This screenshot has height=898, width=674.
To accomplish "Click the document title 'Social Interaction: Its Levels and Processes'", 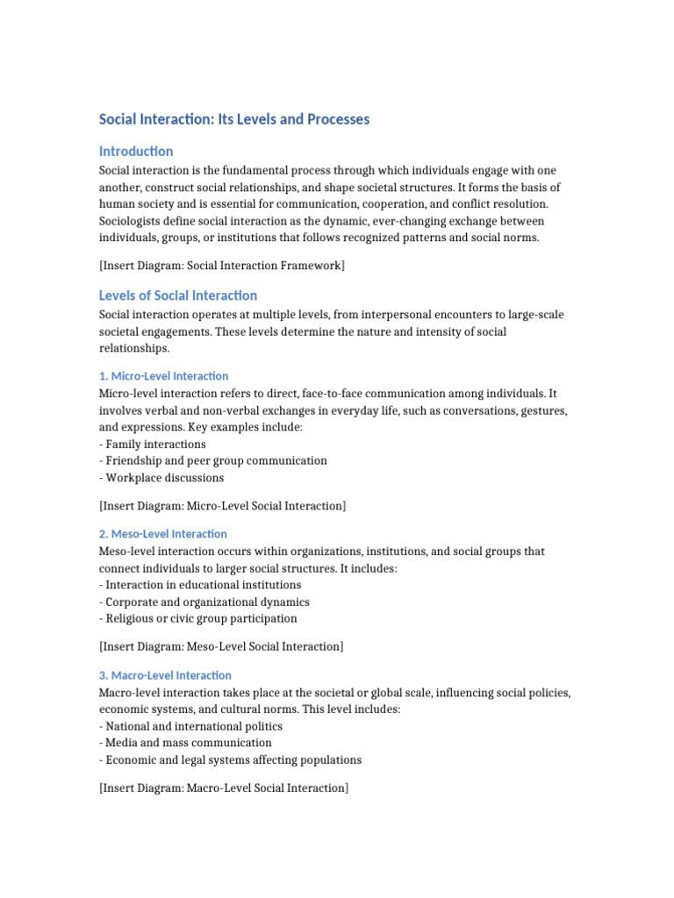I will [x=233, y=119].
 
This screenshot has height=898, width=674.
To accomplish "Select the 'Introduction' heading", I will [x=136, y=151].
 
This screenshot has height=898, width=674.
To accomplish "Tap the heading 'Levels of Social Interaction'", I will [x=178, y=296].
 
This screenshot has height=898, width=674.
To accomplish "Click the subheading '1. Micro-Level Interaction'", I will [x=163, y=376].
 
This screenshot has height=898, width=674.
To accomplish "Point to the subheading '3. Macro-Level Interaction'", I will [x=165, y=675].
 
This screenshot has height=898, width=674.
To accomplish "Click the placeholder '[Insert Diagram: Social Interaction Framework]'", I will [x=222, y=266].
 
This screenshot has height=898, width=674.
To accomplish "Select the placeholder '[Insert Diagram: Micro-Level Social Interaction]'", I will [x=223, y=506].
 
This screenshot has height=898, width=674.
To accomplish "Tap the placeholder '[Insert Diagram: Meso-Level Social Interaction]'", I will [x=221, y=647].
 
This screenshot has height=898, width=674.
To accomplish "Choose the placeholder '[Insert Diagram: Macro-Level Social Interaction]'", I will [x=224, y=788].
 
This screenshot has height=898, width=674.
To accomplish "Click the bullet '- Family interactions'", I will [x=153, y=445].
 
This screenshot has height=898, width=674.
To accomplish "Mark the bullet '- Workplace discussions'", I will [x=161, y=478].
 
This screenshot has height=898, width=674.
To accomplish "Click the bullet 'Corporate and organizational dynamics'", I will [x=207, y=602].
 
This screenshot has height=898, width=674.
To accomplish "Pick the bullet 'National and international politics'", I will [x=194, y=726].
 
